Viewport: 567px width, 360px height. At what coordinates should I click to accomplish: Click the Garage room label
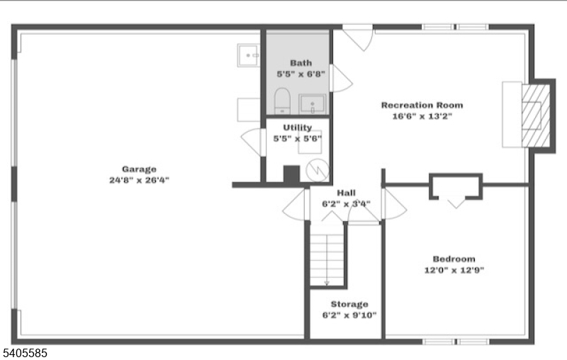tap(138, 169)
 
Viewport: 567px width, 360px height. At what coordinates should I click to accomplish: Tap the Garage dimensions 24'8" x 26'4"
tap(138, 180)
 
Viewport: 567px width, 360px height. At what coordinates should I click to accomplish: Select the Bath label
tap(301, 63)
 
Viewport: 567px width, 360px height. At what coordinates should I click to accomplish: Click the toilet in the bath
tap(282, 101)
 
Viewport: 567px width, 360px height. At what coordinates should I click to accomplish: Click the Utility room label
tap(298, 128)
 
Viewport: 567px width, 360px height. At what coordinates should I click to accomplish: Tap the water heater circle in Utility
tap(319, 170)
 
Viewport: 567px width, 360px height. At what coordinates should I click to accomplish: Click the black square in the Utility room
tap(291, 175)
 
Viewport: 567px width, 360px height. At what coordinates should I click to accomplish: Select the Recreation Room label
tap(416, 105)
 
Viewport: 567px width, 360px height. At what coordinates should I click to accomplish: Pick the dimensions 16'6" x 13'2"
tap(416, 116)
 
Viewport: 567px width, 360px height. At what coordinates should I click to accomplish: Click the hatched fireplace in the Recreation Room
tap(537, 115)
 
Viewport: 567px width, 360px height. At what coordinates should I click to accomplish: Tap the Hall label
tap(347, 193)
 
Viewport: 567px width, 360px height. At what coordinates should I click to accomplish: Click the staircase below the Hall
tap(327, 254)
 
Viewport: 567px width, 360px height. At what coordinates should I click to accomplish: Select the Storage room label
tap(349, 304)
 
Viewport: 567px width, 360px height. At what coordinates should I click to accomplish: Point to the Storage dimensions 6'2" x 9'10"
tap(349, 315)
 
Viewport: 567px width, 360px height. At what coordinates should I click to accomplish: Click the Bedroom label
tap(454, 259)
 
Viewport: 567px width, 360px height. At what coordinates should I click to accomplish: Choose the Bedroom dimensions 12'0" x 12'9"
tap(454, 270)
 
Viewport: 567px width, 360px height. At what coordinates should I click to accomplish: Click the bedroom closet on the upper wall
tap(456, 186)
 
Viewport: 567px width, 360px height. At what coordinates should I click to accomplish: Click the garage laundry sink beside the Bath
tap(248, 55)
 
